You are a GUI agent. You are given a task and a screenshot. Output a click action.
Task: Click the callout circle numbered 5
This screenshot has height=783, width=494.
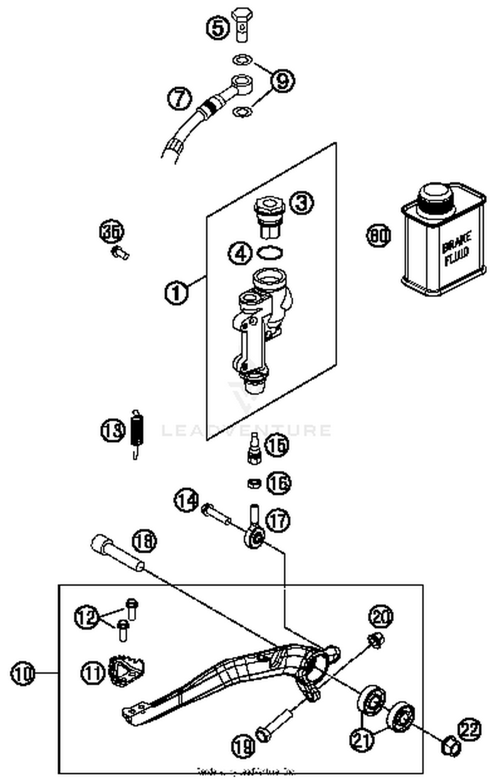(x=218, y=28)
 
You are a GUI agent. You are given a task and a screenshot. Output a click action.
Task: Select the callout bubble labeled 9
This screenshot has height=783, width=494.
(x=283, y=81)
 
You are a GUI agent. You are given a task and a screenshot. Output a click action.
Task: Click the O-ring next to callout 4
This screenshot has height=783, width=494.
(x=270, y=253)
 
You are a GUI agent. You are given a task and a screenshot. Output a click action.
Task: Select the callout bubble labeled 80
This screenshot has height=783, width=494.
(x=379, y=235)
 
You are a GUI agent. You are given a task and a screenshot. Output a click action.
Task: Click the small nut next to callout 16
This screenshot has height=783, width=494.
(x=254, y=483)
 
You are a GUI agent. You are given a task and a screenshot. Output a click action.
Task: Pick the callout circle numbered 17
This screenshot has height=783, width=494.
(x=278, y=521)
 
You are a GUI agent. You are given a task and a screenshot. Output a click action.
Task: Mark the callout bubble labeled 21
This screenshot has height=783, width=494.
(x=362, y=739)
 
